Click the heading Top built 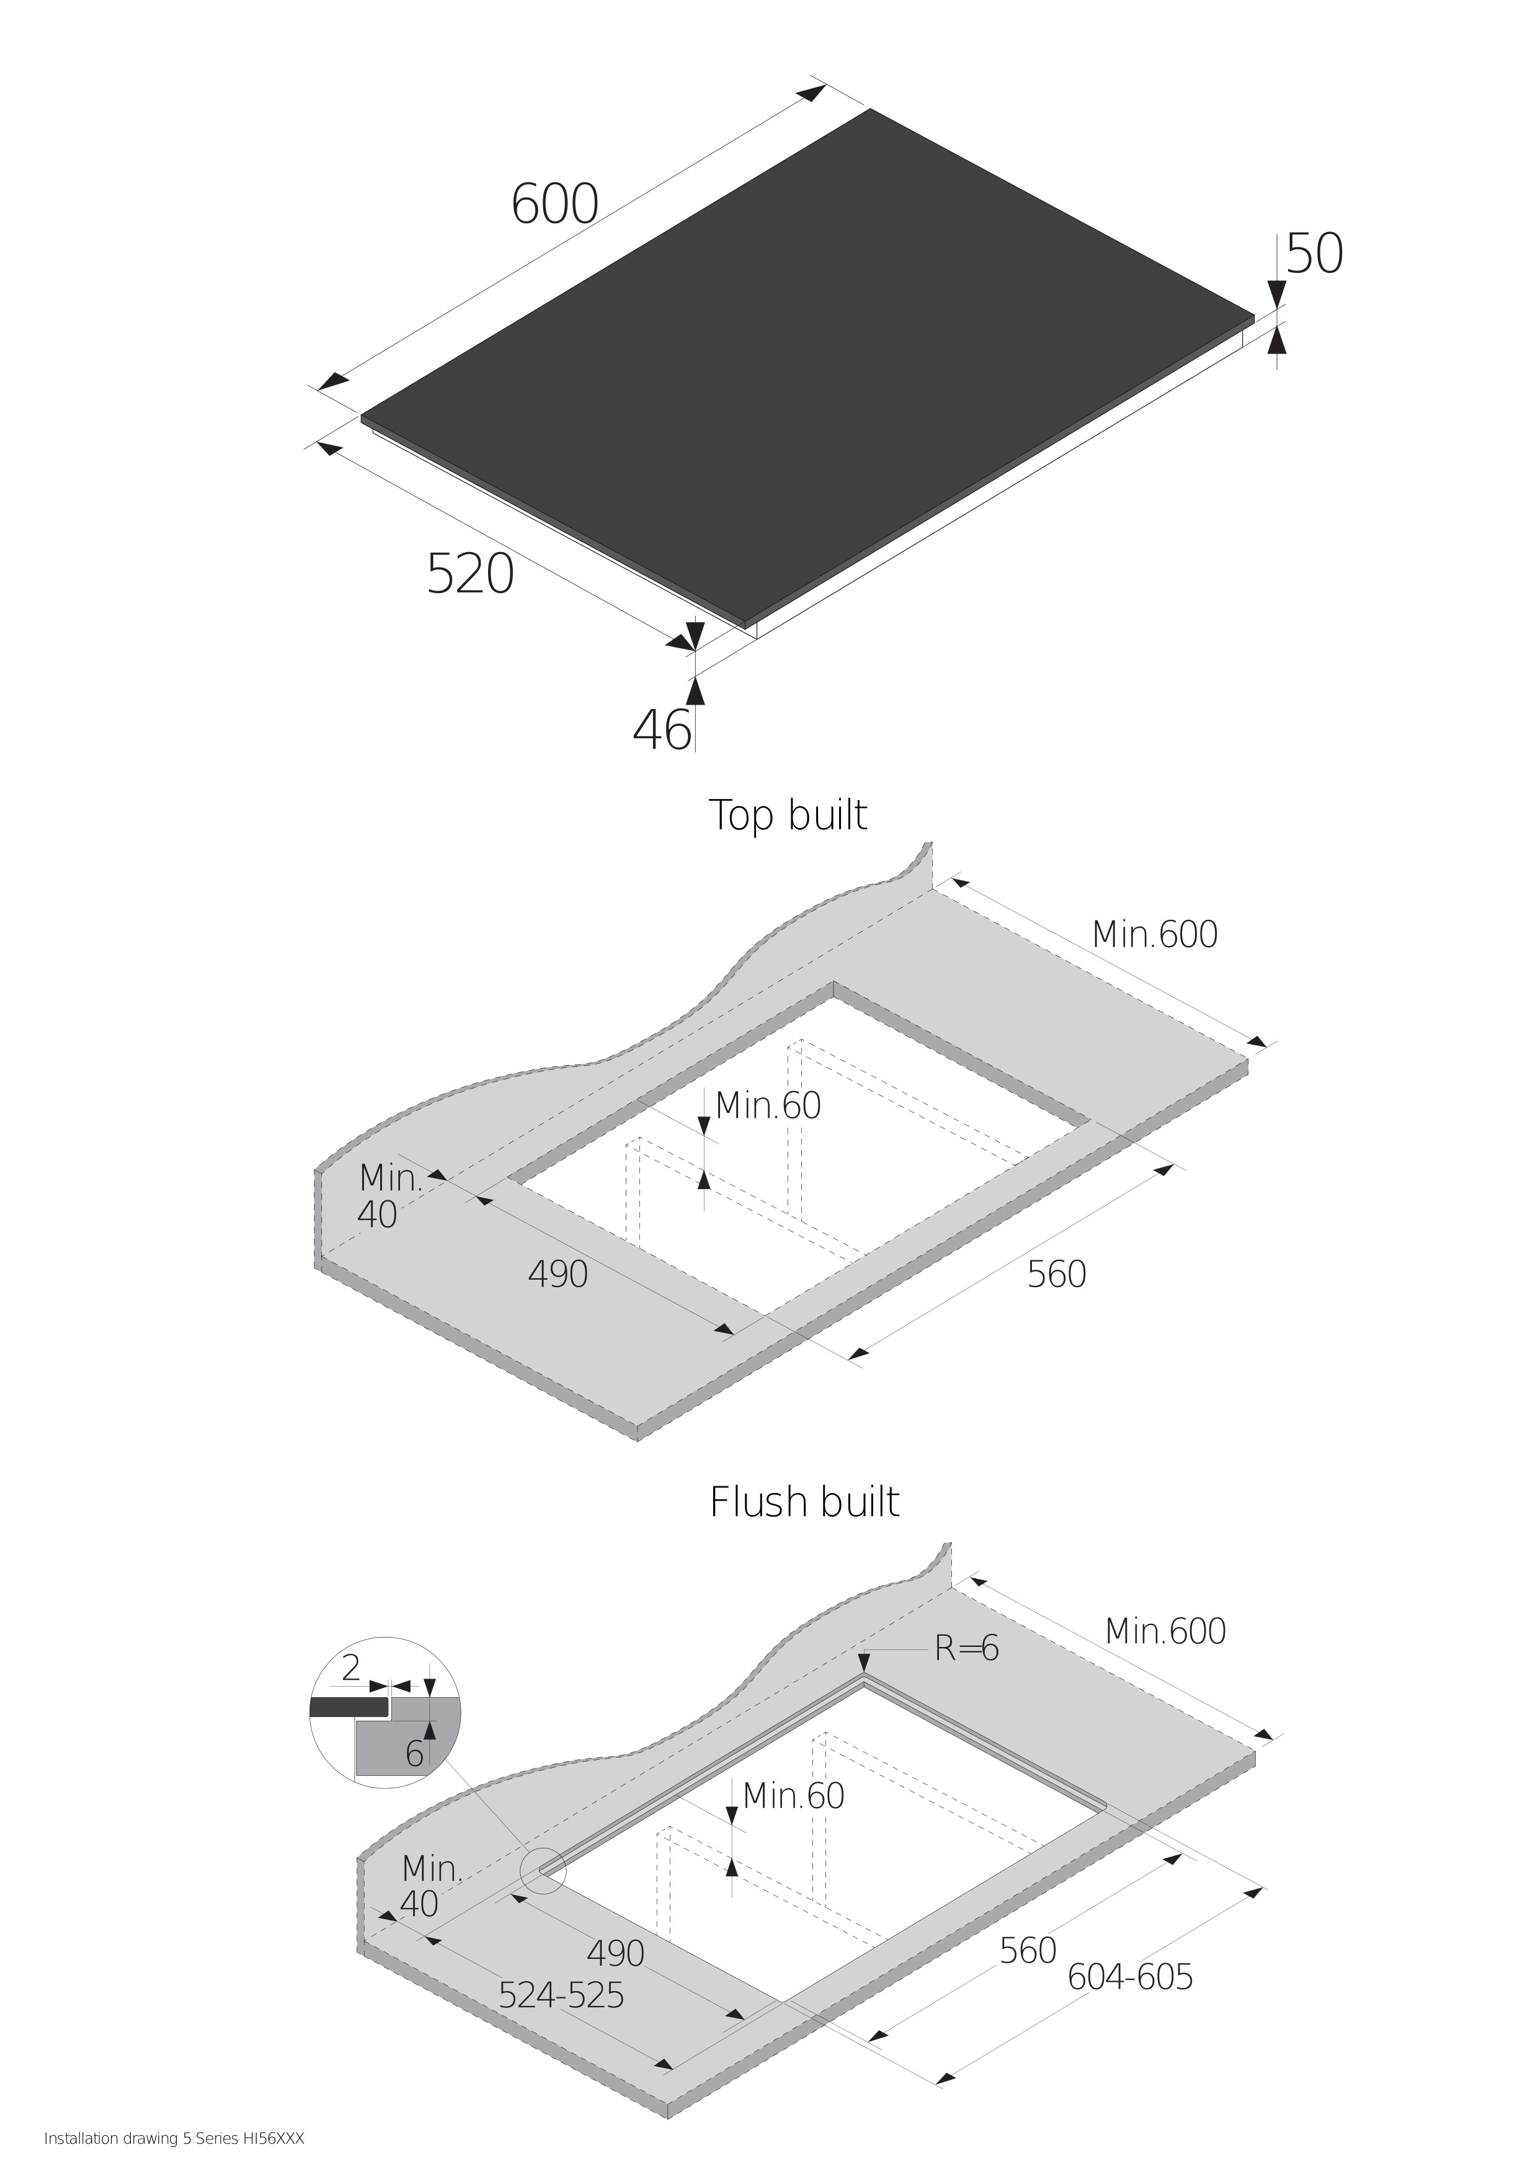click(x=788, y=815)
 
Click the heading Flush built click(x=804, y=1502)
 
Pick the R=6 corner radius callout click(x=967, y=1649)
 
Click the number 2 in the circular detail click(x=350, y=1667)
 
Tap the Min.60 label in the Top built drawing click(x=768, y=1105)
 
